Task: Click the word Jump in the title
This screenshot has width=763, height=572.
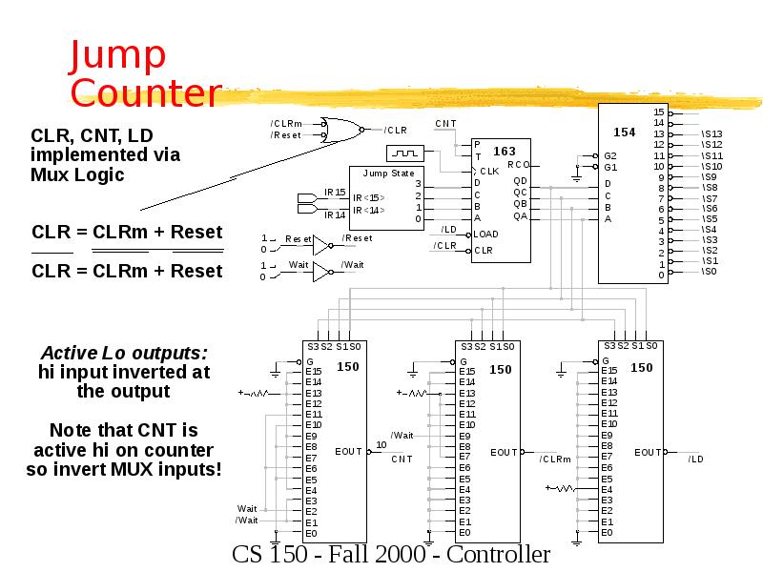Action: point(118,57)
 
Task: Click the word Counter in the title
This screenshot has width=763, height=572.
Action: point(146,93)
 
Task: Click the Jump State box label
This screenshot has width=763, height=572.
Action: point(389,174)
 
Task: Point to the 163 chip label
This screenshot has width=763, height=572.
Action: point(504,151)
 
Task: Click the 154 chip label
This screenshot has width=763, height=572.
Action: point(624,133)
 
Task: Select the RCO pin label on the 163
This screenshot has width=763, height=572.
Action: point(517,165)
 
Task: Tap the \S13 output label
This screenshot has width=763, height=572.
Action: point(711,134)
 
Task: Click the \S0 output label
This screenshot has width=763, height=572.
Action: point(709,272)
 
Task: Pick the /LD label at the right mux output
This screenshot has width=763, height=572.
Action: point(695,460)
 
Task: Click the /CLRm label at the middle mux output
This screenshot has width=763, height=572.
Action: point(554,460)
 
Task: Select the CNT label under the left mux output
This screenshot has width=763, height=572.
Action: point(402,460)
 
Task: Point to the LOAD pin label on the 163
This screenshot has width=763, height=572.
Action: point(486,234)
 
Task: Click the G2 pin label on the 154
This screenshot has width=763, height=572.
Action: point(610,155)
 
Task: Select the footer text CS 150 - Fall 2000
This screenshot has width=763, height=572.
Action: point(390,555)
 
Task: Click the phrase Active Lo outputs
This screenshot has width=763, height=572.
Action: point(124,354)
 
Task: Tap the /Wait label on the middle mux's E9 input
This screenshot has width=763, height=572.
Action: point(402,435)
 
